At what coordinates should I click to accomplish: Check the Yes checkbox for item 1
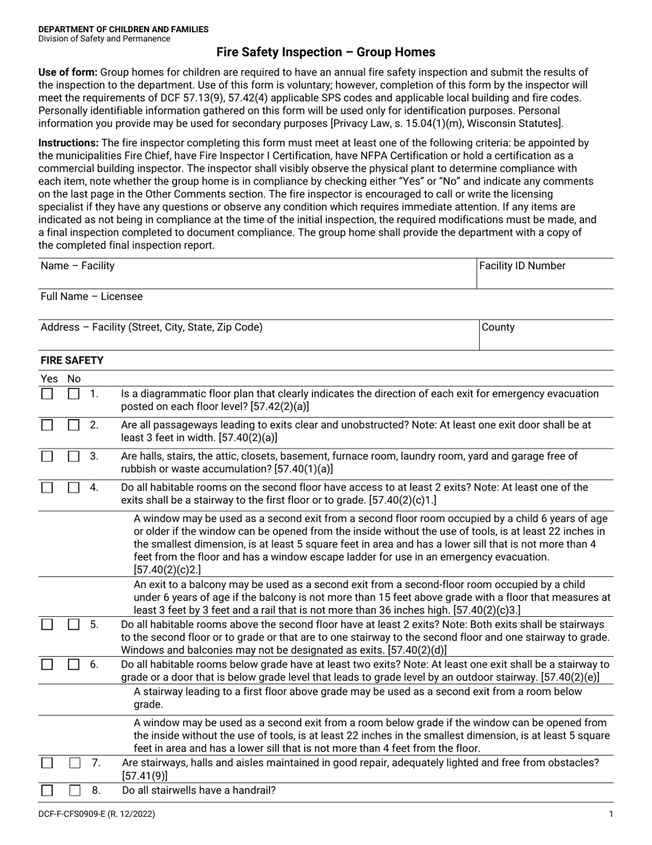(x=47, y=394)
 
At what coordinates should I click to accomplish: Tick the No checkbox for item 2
(x=73, y=425)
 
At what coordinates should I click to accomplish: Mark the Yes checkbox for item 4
(x=47, y=488)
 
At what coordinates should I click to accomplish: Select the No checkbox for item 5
(x=73, y=625)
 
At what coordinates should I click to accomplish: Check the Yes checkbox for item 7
(x=47, y=763)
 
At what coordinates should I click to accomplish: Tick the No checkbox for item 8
(x=74, y=791)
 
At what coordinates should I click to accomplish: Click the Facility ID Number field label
(x=522, y=266)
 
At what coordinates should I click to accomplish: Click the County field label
(x=498, y=327)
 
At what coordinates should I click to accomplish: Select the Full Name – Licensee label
(x=91, y=297)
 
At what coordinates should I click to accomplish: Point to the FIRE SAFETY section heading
(x=71, y=360)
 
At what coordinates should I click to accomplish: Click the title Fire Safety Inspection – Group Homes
(x=325, y=52)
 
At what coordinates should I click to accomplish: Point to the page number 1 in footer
(x=610, y=814)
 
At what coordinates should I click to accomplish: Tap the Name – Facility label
(x=78, y=266)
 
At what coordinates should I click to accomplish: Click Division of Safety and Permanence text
(x=104, y=39)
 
